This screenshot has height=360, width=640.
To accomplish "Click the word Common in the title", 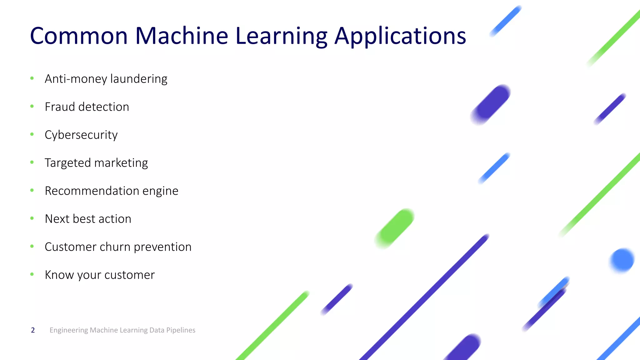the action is coord(79,36).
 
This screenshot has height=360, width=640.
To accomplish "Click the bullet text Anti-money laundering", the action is coord(106,79).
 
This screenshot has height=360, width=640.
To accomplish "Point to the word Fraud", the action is coord(60,107).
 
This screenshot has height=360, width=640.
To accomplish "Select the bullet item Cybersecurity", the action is coord(81,135).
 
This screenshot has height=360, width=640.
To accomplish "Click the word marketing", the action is coord(121,163).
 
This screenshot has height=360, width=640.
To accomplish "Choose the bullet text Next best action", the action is coord(88,219).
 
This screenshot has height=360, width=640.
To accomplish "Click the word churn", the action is coord(115,247).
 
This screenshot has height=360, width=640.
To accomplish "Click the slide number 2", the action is coord(33,330).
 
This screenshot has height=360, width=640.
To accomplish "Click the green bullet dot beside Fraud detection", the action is coord(32,107).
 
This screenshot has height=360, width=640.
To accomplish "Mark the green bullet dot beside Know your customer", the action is coord(32,274).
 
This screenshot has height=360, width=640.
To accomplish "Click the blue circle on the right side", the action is coord(622,260).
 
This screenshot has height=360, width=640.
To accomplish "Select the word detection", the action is coord(104,107).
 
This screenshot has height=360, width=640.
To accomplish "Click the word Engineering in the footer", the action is coord(69,330).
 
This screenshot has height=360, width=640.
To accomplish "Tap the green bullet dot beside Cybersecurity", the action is coord(32,134).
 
